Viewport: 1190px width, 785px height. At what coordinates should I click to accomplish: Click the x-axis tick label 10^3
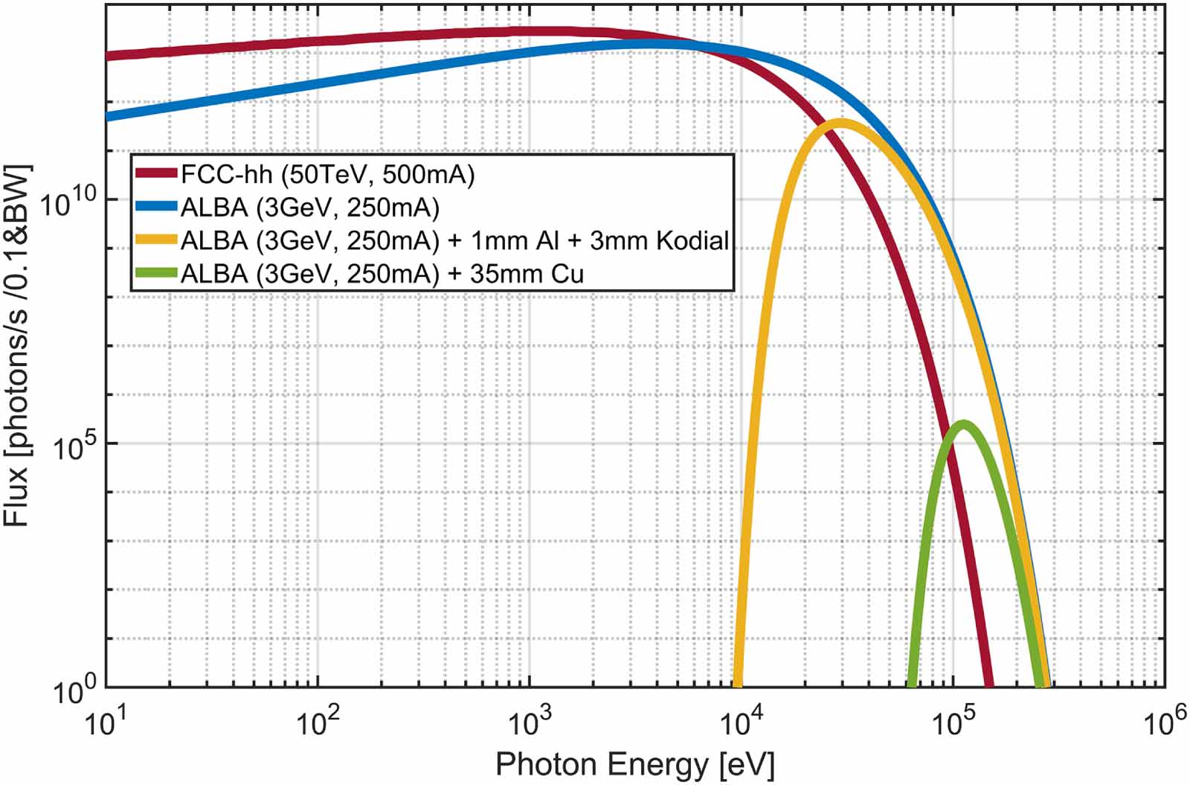(530, 720)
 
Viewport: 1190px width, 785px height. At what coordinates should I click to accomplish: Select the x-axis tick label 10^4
(742, 720)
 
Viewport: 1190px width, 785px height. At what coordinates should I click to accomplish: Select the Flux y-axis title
(18, 346)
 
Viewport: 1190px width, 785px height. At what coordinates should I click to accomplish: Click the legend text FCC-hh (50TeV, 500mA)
(327, 174)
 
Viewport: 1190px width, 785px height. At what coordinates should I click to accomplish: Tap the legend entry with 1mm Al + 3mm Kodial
(454, 240)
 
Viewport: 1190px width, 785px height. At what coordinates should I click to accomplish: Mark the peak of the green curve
(963, 425)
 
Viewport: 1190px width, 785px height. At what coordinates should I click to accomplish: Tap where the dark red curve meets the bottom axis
(988, 685)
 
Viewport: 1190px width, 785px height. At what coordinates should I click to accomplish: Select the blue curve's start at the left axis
(109, 116)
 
